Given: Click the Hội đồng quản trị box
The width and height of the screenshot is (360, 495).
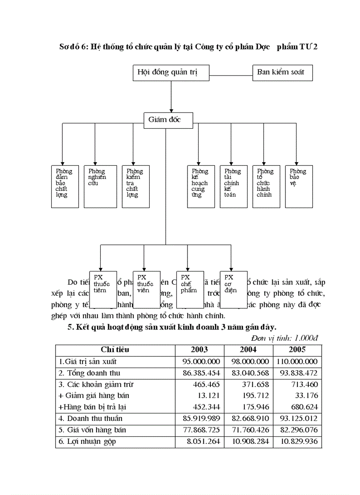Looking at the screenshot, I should click(x=171, y=73).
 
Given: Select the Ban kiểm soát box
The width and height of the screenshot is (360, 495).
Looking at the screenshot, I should click(x=282, y=73).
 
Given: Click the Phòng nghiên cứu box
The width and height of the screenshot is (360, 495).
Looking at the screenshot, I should click(x=100, y=186).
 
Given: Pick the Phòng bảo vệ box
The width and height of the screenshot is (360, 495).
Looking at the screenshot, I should click(x=299, y=186).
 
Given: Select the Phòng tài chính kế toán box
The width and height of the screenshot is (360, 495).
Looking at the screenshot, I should click(x=233, y=186).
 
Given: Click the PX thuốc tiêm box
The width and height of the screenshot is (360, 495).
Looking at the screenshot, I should click(x=103, y=289).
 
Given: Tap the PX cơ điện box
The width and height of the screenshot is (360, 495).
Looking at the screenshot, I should click(x=233, y=289).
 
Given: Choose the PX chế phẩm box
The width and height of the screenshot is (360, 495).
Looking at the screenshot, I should click(x=190, y=289).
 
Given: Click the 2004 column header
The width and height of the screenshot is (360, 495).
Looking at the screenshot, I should click(x=248, y=350).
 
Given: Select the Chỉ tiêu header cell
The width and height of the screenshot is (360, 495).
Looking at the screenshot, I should click(x=115, y=350).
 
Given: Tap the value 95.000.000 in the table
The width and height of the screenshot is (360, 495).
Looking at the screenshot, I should click(x=201, y=361).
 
